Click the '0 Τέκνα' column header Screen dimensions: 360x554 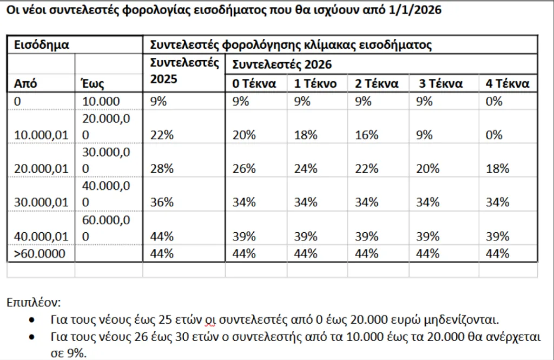coord(254,84)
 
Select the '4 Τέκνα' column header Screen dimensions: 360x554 coord(506,84)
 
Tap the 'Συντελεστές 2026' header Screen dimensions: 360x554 coord(281,65)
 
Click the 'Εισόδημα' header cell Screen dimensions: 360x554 coord(42,45)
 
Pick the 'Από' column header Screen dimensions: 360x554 coord(25,84)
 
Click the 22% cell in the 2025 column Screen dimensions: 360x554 coord(162,135)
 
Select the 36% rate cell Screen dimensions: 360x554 coord(162,202)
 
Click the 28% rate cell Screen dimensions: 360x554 coord(162,169)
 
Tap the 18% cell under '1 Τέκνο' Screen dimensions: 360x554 coord(306,135)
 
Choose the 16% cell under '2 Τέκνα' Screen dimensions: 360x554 coord(366,135)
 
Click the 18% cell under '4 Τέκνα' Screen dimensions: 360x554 coord(498,169)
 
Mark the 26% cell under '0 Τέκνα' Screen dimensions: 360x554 coord(244,169)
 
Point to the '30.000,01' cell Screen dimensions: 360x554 coord(41,202)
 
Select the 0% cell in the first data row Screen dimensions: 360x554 coord(494,101)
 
